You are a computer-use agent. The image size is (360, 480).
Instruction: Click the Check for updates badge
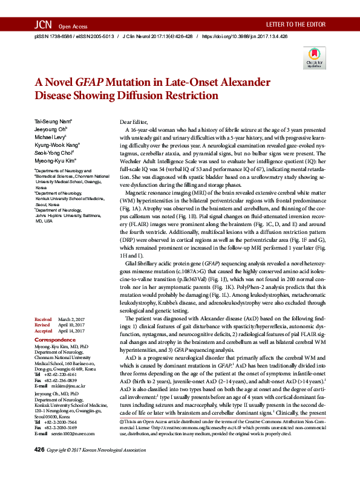coord(313,59)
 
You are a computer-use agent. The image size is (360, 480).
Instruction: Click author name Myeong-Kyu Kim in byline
coord(55,161)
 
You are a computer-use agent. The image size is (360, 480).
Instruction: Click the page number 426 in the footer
coord(39,467)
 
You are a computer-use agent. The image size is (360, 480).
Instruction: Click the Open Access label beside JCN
coord(73,27)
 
